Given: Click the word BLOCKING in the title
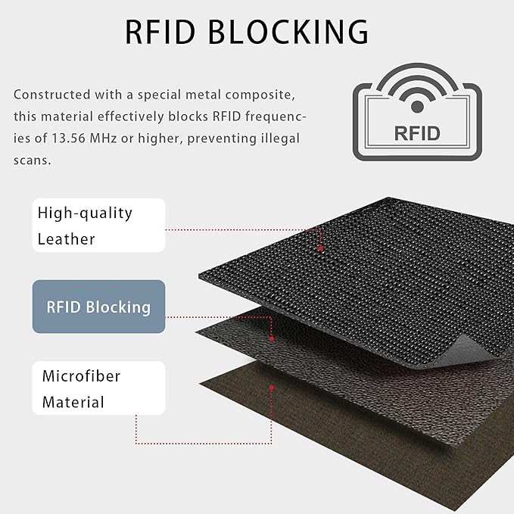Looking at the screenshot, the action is [x=288, y=32].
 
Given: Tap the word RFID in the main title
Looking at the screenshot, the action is [x=160, y=32].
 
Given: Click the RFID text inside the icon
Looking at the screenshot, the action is [x=417, y=133].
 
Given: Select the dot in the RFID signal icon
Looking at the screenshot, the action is [x=417, y=107].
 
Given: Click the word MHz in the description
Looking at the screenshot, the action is [x=103, y=138].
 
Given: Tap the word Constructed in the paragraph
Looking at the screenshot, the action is [x=51, y=95].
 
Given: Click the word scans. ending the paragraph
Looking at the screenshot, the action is [x=33, y=160].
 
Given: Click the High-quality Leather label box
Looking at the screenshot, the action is [x=98, y=225].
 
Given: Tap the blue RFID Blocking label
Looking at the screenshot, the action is [x=98, y=307].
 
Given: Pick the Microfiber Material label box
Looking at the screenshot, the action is [x=98, y=388].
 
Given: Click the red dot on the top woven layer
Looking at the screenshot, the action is [x=321, y=248].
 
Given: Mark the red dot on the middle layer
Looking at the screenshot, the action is [x=272, y=338].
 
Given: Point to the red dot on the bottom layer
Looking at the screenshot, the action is [x=272, y=388].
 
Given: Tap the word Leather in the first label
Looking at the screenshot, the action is [x=66, y=239].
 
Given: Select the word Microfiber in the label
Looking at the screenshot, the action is [x=81, y=376].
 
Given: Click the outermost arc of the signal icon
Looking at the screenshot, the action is [x=417, y=66].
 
